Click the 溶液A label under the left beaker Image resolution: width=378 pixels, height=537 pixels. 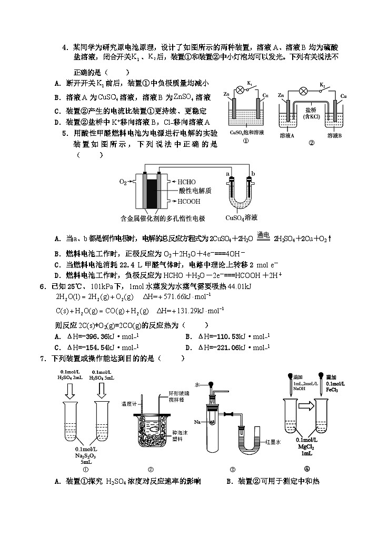(x=287, y=135)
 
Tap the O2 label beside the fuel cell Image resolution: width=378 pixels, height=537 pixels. (x=123, y=182)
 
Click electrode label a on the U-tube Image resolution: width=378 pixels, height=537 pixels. (x=227, y=173)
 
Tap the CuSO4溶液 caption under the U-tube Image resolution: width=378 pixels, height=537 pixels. (x=241, y=217)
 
